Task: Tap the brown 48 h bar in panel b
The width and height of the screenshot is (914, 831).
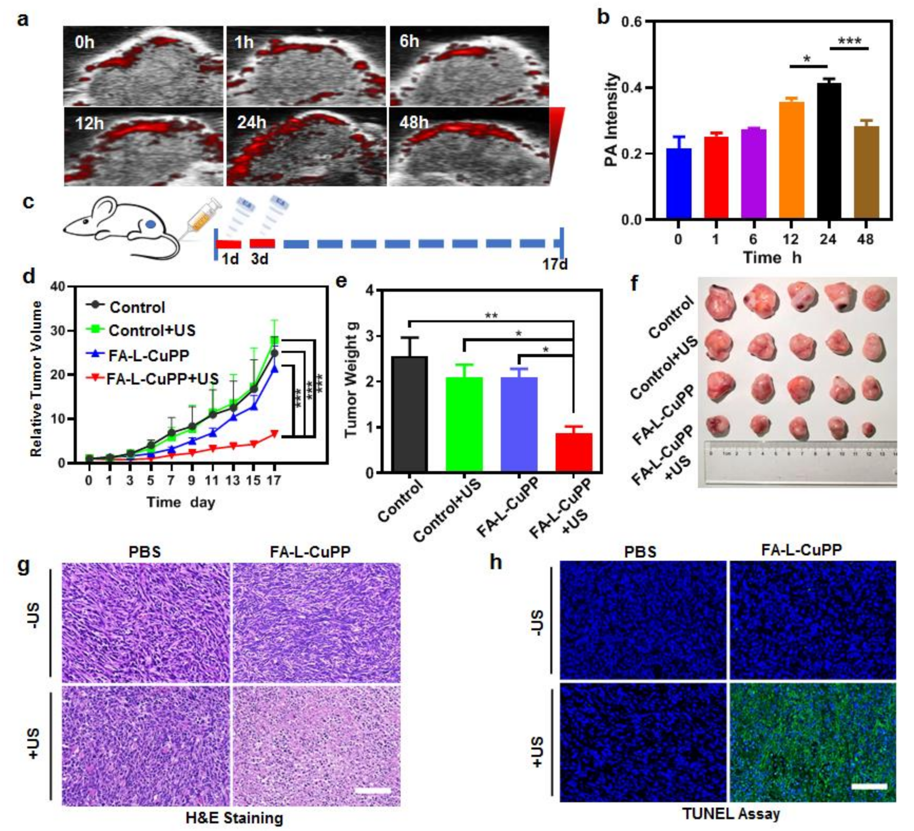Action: coord(866,173)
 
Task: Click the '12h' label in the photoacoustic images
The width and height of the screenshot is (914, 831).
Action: coord(89,123)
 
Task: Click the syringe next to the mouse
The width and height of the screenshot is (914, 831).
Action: coord(203,219)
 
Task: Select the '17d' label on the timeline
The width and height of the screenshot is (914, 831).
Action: coord(555,264)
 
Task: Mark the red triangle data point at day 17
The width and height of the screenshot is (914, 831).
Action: coord(274,433)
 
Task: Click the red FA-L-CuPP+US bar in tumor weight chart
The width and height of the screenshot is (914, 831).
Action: coord(574,452)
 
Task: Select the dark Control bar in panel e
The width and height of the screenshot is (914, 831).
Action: coord(409,413)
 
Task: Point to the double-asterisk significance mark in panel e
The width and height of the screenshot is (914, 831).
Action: coord(491,315)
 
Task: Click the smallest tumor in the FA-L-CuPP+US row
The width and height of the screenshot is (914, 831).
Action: coord(868,429)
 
